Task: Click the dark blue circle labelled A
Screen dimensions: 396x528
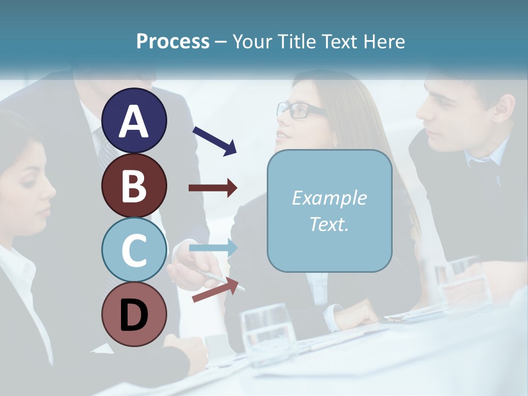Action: pos(134,121)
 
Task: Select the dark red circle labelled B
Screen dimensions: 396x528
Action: pos(134,185)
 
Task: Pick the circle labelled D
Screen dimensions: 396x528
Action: pos(134,314)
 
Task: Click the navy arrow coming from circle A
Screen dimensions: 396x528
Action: pos(215,140)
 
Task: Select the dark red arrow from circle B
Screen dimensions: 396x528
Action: pos(213,188)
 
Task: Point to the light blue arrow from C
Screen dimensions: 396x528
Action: pos(213,249)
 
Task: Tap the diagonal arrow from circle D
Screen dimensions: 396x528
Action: pos(218,290)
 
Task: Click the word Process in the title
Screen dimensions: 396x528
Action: pos(173,41)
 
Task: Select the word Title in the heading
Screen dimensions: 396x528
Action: pos(296,41)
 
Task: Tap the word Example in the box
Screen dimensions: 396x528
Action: pos(329,198)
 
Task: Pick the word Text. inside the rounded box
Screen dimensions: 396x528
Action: pos(329,224)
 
